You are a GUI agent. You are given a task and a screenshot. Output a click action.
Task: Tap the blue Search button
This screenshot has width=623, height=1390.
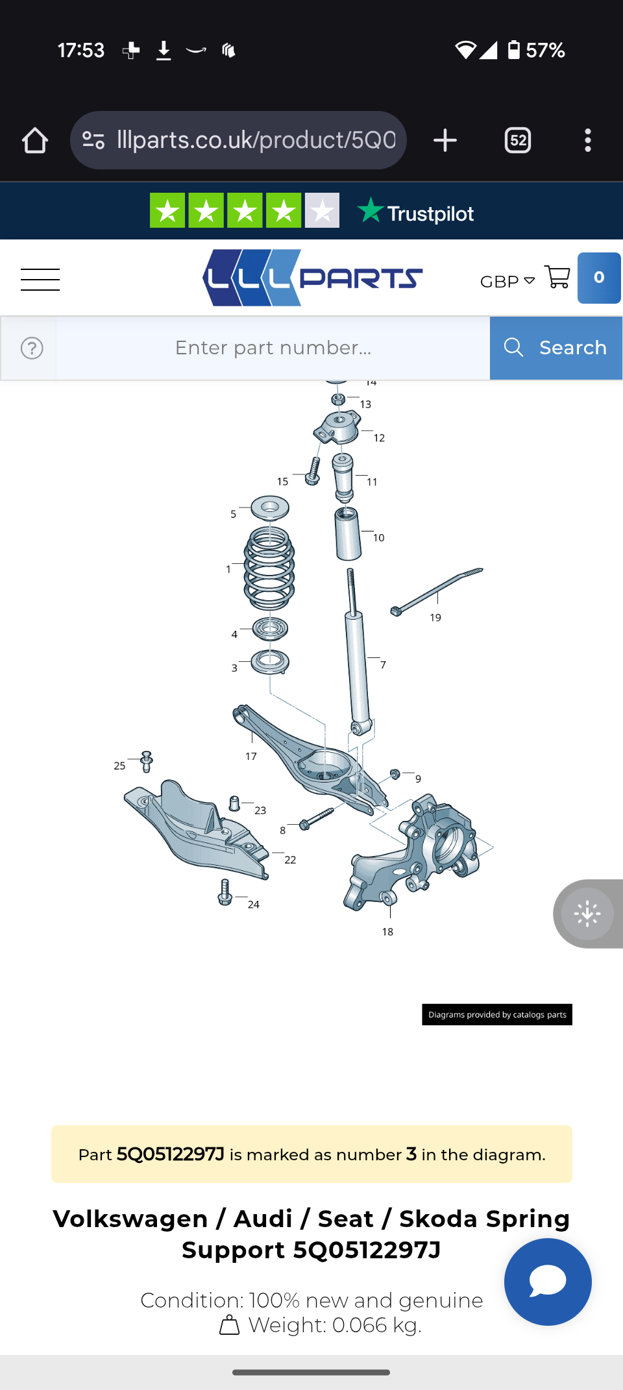point(556,348)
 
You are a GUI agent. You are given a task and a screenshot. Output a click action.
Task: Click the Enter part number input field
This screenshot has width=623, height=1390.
point(273,348)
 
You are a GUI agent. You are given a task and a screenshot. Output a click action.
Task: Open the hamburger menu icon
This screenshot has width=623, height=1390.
point(40,280)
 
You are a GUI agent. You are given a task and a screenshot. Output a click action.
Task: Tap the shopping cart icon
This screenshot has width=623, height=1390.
point(557,277)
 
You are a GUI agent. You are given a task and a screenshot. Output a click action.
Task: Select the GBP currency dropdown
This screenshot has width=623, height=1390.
point(507,282)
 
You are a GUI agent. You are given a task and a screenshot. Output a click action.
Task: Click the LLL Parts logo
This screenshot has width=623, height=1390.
point(313,278)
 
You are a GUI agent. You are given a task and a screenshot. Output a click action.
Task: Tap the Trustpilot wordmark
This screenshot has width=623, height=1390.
point(416,212)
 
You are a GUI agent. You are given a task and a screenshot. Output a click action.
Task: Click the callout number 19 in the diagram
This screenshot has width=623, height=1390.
point(435,618)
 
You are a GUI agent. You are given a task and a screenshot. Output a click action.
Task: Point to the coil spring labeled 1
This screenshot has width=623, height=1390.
point(269,568)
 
